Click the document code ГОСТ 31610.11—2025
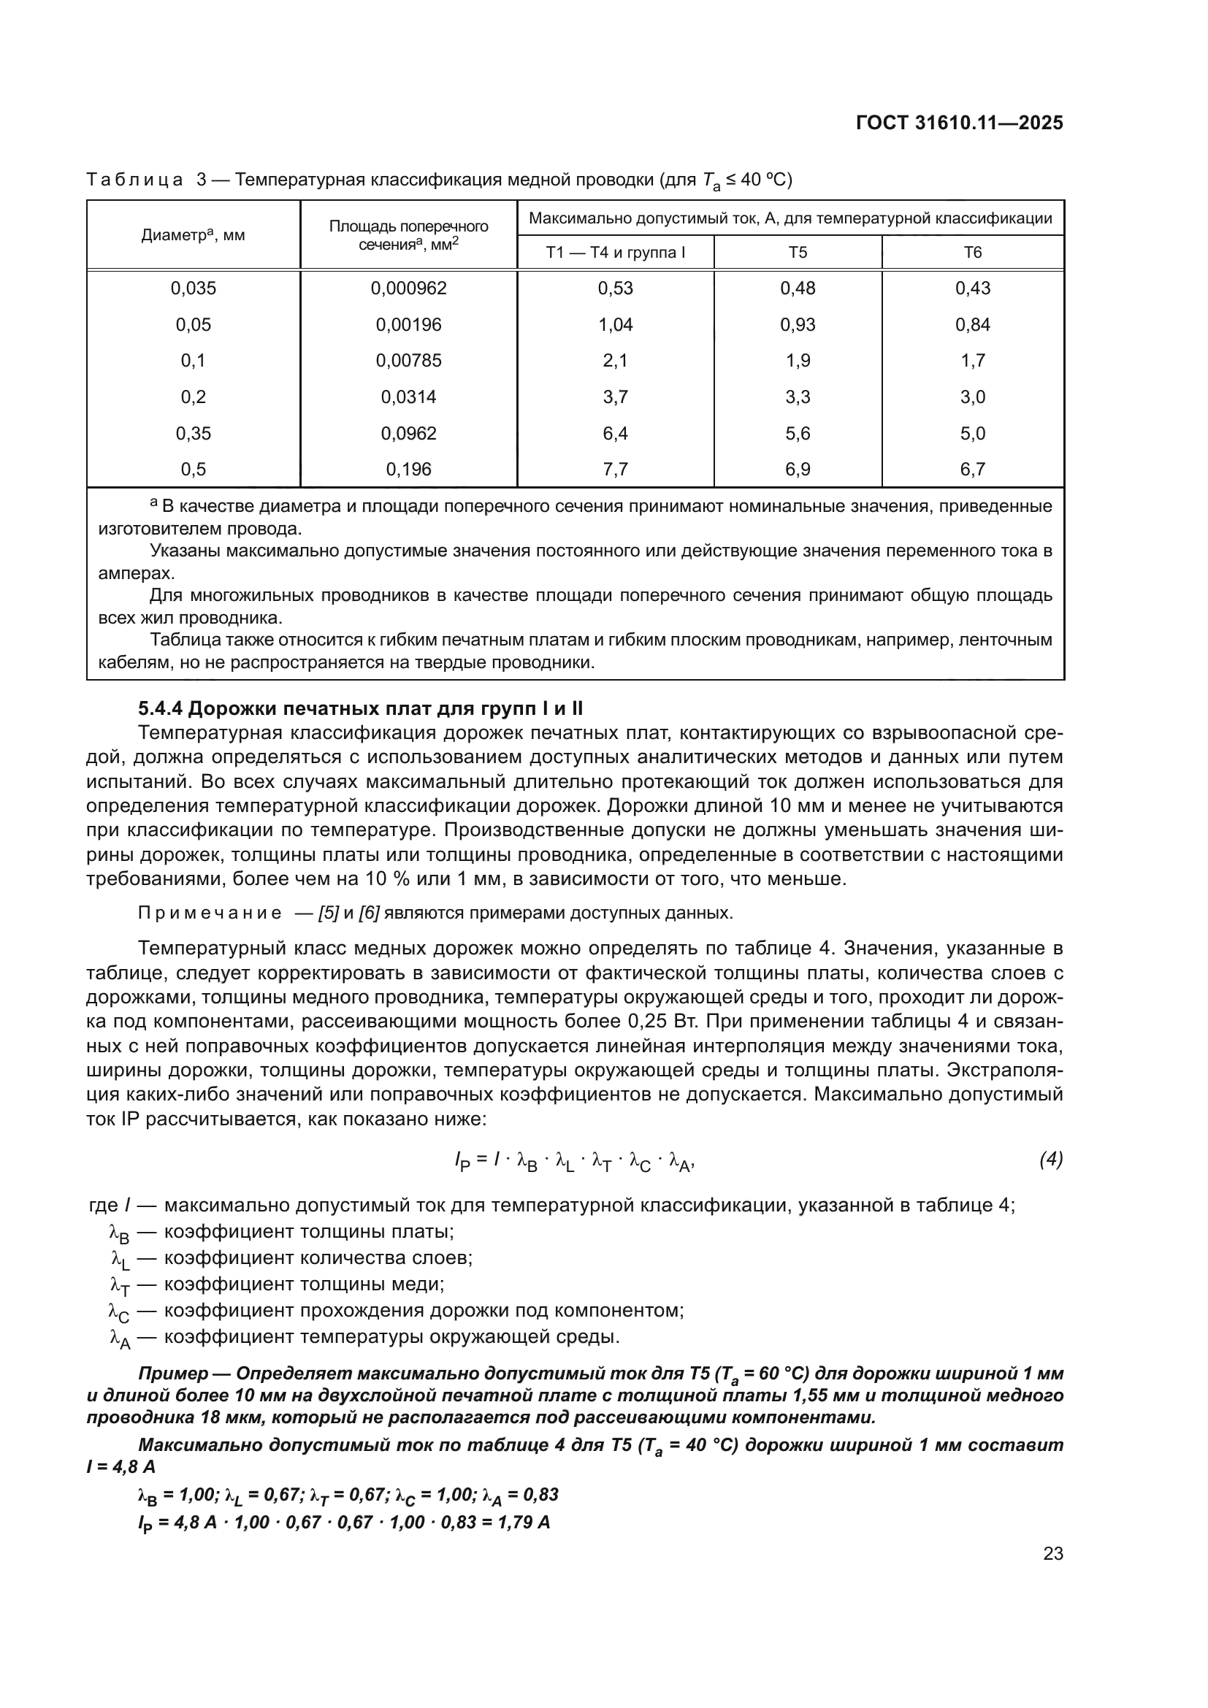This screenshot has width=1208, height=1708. pos(959,123)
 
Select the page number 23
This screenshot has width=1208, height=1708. pos(1052,1553)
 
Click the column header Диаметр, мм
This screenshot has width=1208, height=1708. pos(193,236)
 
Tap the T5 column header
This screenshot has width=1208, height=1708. pos(798,253)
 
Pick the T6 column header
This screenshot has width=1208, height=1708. pos(972,253)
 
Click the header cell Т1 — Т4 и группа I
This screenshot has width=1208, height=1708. pos(615,253)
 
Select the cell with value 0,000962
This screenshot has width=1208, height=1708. pos(408,288)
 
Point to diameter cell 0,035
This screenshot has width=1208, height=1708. pos(194,288)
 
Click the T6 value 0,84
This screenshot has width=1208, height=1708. pos(972,325)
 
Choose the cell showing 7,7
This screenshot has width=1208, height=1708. pos(615,470)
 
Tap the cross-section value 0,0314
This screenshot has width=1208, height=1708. pos(408,397)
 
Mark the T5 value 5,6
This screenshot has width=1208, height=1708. pos(798,434)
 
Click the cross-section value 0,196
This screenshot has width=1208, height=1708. pos(408,470)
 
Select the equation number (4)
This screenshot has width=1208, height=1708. pos(1050,1159)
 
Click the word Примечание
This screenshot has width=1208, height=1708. pos(210,914)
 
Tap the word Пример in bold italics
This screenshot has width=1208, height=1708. pos(172,1374)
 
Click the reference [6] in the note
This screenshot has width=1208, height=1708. pos(369,914)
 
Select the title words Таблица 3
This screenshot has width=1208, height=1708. pos(148,180)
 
